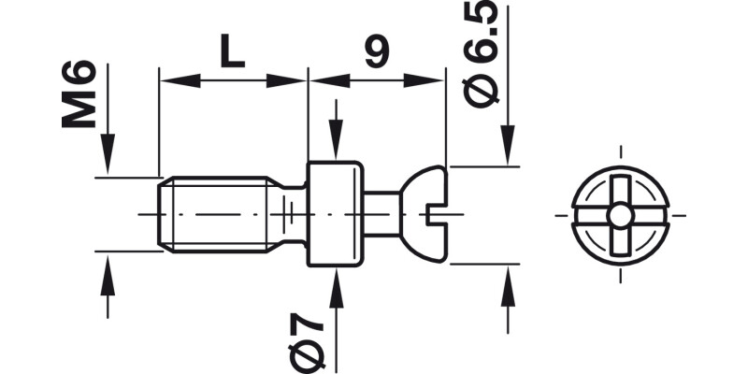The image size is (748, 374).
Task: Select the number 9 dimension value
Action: click(376, 53)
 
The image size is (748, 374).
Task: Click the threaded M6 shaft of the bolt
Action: click(220, 214)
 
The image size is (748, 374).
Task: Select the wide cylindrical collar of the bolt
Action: click(336, 214)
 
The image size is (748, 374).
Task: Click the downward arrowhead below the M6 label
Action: click(108, 160)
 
